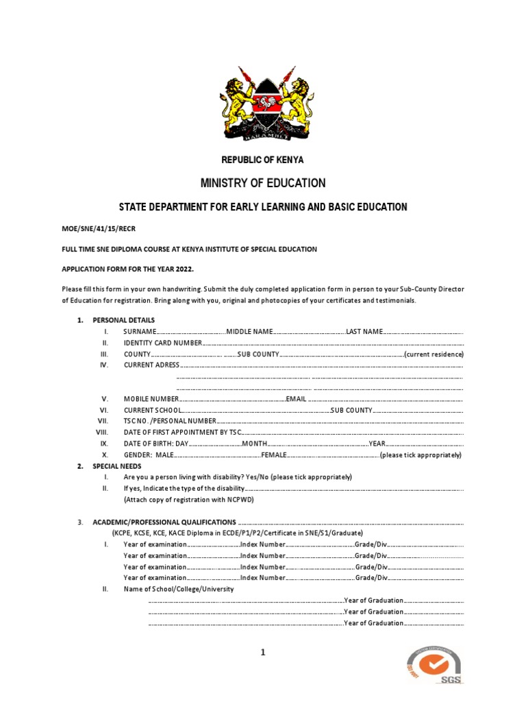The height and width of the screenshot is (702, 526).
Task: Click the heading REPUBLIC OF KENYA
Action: point(262,160)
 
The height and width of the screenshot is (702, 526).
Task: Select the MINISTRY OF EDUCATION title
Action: point(262,183)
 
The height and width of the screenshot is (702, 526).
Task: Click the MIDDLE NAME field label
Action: point(249,331)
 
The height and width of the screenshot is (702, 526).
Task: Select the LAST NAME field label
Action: point(364,331)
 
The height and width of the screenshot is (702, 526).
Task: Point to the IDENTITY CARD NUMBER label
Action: point(163,343)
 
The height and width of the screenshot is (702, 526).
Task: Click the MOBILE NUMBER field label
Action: point(151,399)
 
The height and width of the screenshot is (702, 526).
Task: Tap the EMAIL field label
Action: point(296,399)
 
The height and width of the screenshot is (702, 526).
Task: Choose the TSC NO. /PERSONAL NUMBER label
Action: point(170,421)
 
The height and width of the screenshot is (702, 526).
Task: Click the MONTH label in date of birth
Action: point(253,444)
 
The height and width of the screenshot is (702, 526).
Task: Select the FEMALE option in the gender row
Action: point(273,455)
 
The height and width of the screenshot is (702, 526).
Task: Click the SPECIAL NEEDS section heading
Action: point(117,466)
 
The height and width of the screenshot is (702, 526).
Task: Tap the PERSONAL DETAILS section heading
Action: point(123,320)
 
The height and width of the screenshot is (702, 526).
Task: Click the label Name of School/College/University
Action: point(179,589)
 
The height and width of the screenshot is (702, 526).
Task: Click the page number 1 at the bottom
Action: point(262,653)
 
